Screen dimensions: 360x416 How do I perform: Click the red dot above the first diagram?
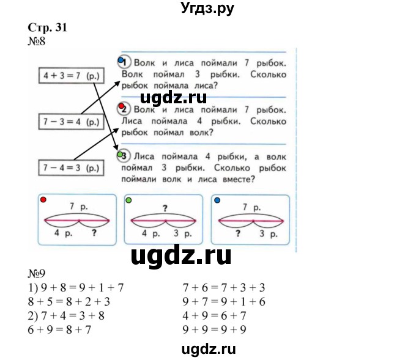(42, 200)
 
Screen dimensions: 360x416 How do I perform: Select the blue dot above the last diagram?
(217, 200)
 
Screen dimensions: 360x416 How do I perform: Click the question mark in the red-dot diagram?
(94, 233)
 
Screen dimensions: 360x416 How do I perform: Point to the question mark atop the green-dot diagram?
(165, 208)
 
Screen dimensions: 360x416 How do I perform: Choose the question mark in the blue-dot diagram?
(237, 233)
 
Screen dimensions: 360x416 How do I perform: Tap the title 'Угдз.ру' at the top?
(207, 8)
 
